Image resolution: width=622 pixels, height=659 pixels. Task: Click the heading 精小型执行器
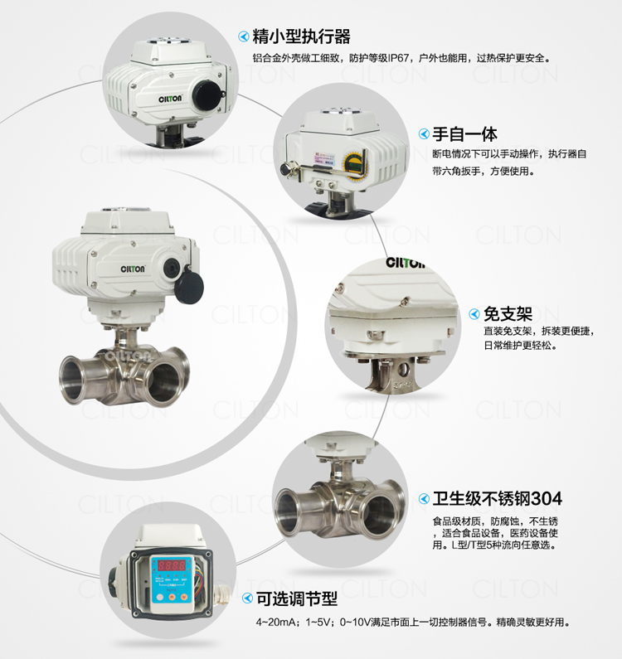coord(301,37)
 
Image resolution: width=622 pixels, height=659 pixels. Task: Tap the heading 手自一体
coord(464,134)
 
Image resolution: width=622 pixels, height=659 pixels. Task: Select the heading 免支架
coord(508,314)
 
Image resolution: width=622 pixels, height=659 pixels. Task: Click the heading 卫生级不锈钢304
coord(497,499)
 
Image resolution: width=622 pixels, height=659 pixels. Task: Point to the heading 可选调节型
coord(297,598)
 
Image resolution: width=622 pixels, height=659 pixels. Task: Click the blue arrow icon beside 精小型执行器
coord(244,37)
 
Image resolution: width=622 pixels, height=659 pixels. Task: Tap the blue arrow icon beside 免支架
coord(474,314)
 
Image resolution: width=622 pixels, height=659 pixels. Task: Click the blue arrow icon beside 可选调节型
coord(248,598)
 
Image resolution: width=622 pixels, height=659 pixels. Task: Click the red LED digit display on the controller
coord(171,565)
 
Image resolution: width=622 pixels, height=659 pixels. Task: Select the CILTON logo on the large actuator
coord(133,269)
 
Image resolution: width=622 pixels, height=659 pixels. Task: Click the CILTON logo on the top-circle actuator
coord(170,99)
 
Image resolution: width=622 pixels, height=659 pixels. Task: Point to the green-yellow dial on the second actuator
coord(352,163)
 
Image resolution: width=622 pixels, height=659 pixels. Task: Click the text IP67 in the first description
coord(399,58)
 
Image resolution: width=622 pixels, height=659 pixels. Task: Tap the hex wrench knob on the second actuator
coord(286,169)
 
